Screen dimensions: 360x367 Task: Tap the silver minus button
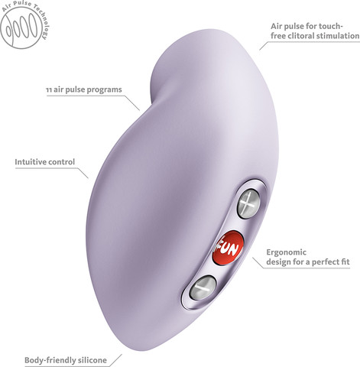tap(203, 287)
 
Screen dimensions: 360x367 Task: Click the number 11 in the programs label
tap(49, 90)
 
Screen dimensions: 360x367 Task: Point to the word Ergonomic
tap(286, 252)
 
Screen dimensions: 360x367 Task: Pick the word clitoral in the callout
tap(300, 36)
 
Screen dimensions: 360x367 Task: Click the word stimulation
tap(337, 36)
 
